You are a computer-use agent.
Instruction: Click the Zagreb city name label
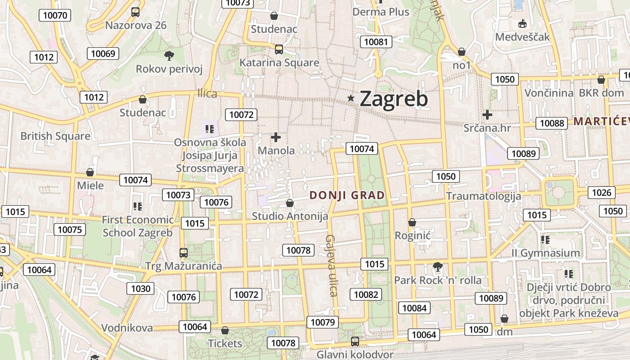[x=394, y=99]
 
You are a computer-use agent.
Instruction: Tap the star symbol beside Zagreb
[x=351, y=98]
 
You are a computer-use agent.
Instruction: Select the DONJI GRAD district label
[x=347, y=195]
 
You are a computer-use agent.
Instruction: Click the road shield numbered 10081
[x=376, y=42]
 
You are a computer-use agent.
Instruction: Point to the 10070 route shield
[x=55, y=15]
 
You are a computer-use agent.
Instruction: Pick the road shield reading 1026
[x=602, y=193]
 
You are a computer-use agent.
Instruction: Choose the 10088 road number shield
[x=552, y=123]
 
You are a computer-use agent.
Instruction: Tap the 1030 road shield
[x=140, y=288]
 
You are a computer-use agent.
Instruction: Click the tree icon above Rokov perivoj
[x=169, y=56]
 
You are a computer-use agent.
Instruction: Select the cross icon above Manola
[x=276, y=137]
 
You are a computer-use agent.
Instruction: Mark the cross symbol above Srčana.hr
[x=487, y=114]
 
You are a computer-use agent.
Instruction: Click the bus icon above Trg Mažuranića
[x=183, y=253]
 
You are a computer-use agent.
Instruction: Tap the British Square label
[x=55, y=136]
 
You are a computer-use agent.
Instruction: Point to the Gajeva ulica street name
[x=332, y=265]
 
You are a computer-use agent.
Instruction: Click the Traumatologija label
[x=483, y=196]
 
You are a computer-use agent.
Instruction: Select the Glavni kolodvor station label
[x=355, y=354]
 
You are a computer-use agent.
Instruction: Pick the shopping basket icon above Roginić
[x=412, y=222]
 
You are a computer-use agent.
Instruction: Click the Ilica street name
[x=207, y=94]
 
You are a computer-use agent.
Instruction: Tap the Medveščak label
[x=522, y=37]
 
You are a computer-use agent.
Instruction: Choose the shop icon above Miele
[x=90, y=172]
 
